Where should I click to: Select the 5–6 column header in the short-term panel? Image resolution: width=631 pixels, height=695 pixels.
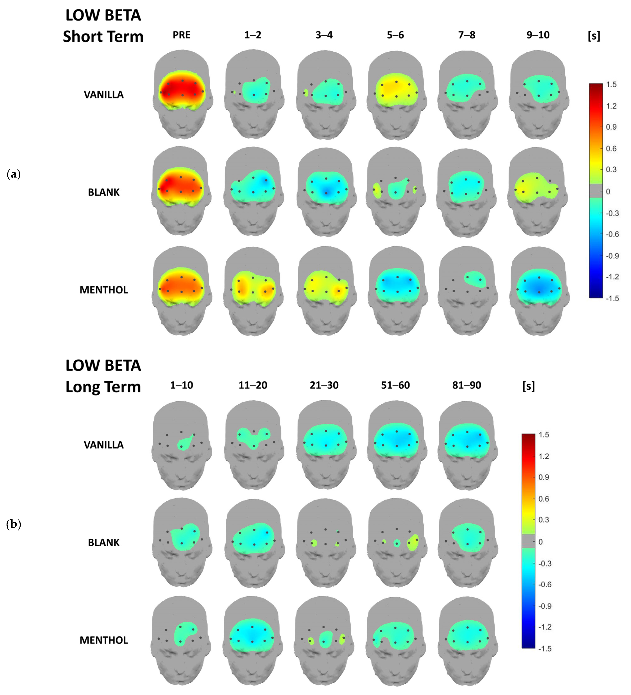(395, 35)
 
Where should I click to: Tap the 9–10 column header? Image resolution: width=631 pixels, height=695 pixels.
(538, 35)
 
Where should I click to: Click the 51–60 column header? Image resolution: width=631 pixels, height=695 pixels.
(395, 385)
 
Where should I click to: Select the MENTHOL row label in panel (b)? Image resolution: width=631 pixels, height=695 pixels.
(103, 640)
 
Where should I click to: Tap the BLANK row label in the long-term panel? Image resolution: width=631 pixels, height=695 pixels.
(103, 543)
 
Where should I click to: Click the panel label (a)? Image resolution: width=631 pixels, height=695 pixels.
(14, 174)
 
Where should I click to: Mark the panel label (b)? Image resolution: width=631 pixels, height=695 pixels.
(14, 524)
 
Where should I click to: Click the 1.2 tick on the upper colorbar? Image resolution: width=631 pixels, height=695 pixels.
(611, 106)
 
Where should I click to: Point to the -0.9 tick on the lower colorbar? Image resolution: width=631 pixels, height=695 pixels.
(544, 606)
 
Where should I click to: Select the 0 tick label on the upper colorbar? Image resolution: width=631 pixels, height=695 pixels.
(608, 191)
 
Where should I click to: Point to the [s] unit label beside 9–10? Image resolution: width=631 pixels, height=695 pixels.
(594, 36)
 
